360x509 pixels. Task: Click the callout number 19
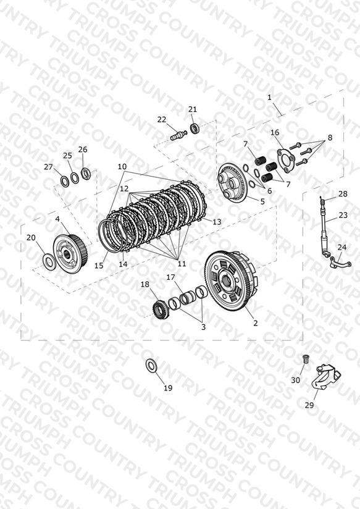pos(168,387)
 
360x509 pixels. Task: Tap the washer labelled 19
pos(151,365)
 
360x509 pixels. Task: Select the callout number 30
pos(295,379)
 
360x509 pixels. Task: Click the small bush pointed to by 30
pos(305,359)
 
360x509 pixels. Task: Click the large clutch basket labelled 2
pos(231,282)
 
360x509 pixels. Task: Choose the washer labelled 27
pos(64,181)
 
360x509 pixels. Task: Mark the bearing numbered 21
pos(195,128)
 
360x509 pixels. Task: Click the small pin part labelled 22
pos(178,135)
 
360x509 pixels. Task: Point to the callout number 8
pos(330,138)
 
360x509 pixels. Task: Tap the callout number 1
pos(269,97)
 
